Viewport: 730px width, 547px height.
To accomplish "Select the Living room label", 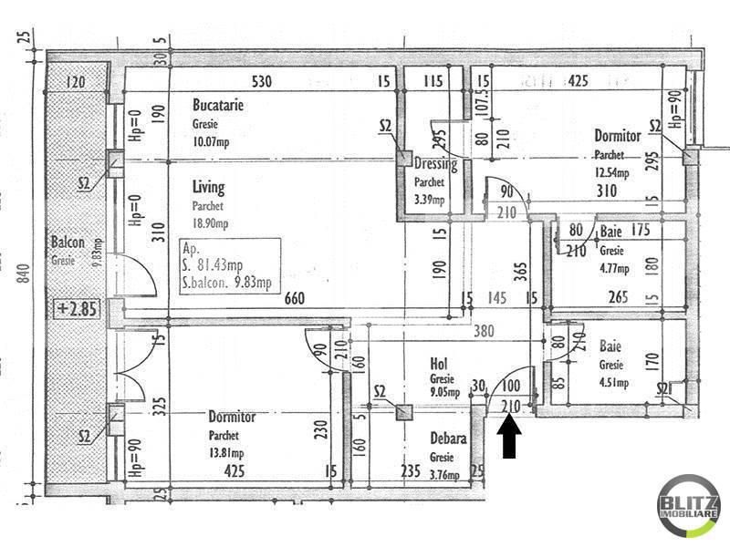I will coord(208,188).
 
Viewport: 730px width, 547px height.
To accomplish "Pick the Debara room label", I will coord(448,439).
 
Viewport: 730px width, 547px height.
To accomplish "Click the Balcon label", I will coord(68,243).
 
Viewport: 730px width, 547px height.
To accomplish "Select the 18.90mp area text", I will coord(211,223).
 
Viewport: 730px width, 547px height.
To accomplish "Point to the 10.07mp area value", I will coord(212,141).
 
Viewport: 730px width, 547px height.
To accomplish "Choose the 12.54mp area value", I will coord(612,173).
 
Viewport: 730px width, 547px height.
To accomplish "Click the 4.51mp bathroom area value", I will coord(613,383).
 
